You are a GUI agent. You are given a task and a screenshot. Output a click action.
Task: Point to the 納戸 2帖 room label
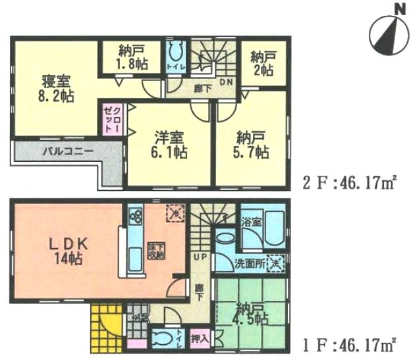coord(262,64)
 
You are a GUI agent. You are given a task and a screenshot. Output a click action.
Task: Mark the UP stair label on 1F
coord(198,255)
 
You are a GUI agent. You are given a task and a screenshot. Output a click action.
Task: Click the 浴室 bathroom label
coord(254,222)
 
